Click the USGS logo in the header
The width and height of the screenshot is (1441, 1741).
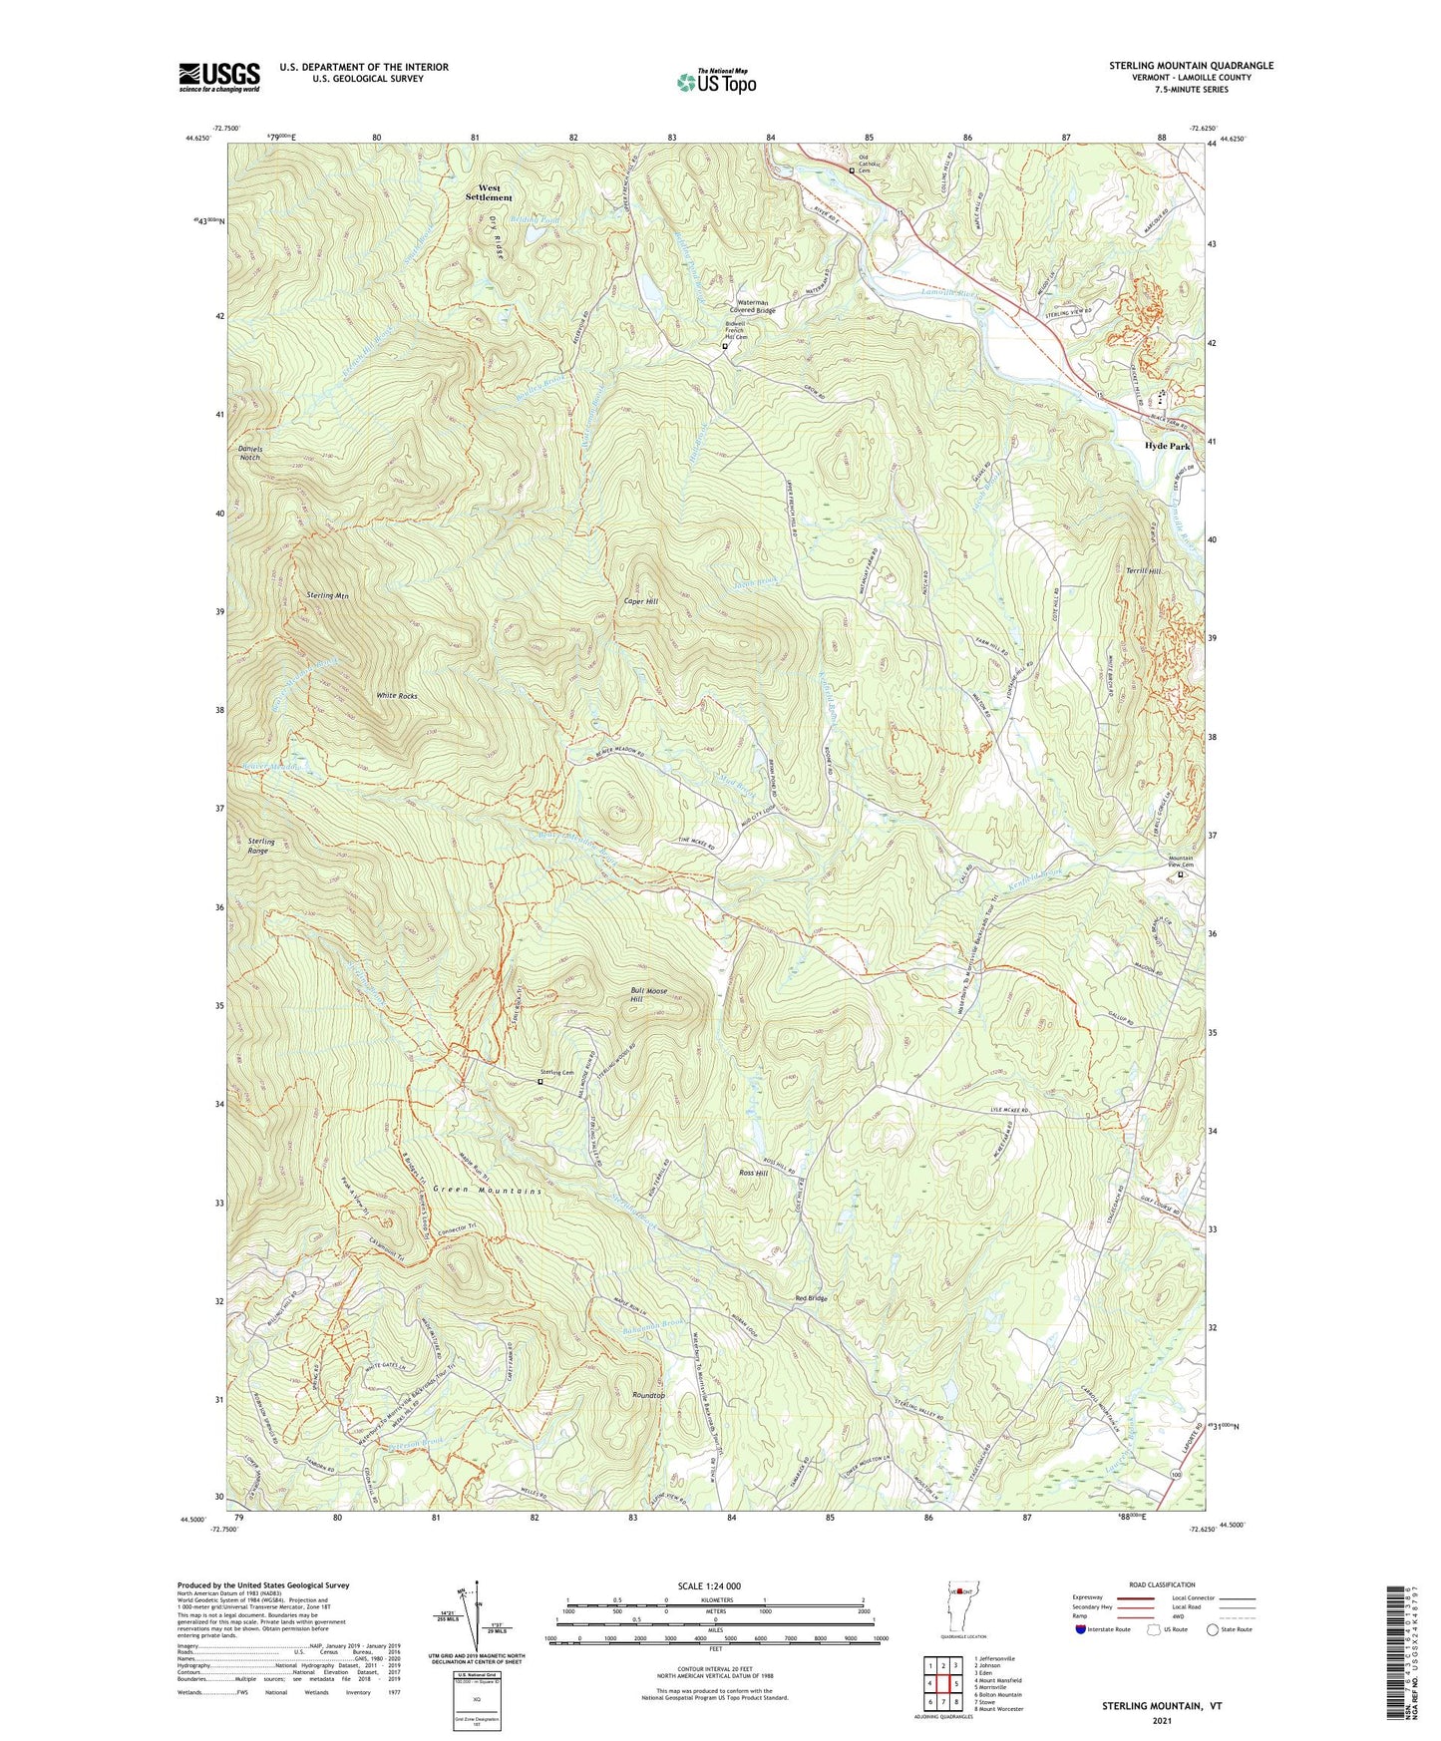[x=219, y=77]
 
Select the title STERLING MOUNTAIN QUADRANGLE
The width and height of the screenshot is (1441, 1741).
[x=1191, y=66]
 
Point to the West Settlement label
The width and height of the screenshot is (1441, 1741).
[x=489, y=192]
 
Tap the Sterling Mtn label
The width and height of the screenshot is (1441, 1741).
[x=327, y=595]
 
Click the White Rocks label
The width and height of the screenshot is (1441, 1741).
[x=396, y=695]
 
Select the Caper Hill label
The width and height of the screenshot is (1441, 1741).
[x=641, y=602]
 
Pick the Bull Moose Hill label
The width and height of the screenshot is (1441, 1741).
[x=648, y=995]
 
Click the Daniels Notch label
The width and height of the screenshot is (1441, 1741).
[x=250, y=454]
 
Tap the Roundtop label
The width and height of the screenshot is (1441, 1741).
[x=648, y=1395]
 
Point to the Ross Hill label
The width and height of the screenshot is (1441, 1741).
[x=753, y=1174]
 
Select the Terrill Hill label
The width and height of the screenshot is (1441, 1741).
[x=1143, y=571]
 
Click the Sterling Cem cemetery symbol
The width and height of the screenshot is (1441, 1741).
[x=540, y=1081]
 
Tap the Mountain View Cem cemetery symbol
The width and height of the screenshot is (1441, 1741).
[x=1181, y=875]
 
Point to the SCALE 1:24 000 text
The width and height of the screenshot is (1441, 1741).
[x=714, y=1585]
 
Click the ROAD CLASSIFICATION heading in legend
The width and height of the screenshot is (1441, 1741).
[x=1161, y=1584]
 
